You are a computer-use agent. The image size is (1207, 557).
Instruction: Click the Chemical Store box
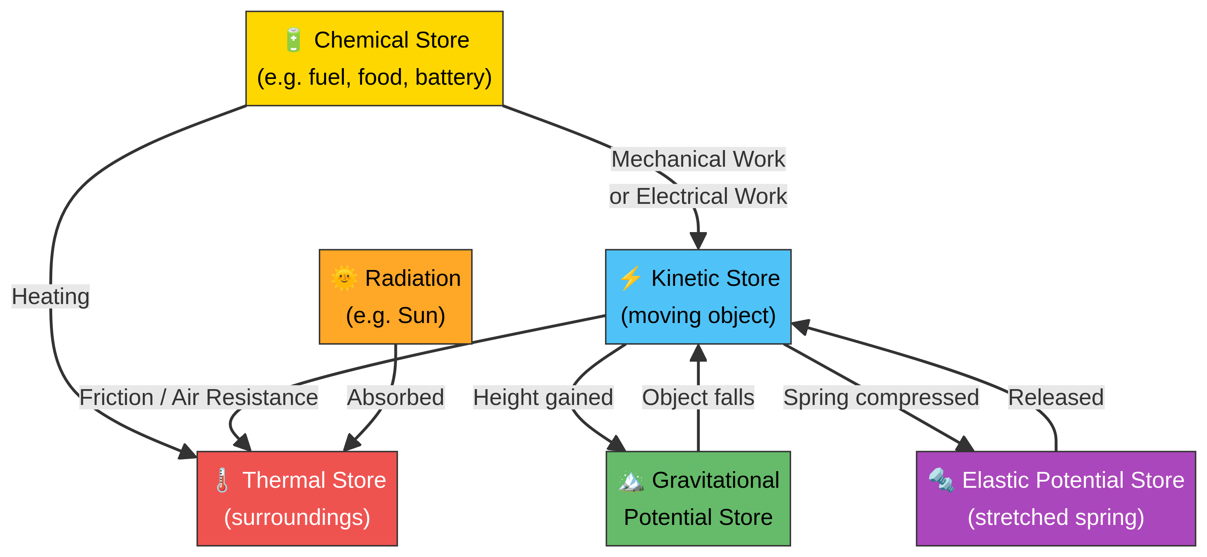coord(374,58)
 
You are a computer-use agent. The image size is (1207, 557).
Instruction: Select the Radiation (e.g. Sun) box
coord(395,297)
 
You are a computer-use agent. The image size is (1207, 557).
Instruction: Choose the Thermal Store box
coord(297,499)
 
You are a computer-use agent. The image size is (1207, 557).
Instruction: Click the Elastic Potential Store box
coord(1055,499)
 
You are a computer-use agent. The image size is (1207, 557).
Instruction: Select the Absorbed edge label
coord(395,398)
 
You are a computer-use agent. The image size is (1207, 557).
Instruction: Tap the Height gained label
coord(543,398)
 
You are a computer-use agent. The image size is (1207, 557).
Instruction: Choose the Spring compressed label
coord(881,398)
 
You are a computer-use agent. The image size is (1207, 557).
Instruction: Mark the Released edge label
coord(1056,398)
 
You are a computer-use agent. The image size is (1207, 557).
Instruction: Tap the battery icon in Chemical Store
coord(293,40)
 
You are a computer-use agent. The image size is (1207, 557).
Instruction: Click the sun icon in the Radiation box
coord(344,278)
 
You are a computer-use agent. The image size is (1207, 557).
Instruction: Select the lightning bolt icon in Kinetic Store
coord(630,278)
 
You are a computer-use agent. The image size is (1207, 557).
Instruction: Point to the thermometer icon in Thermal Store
coord(222,480)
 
